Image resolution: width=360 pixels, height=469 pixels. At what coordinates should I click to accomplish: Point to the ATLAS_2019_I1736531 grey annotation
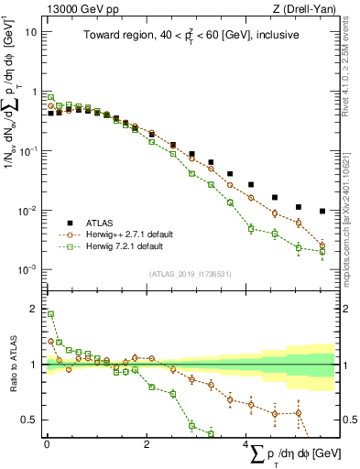(190, 274)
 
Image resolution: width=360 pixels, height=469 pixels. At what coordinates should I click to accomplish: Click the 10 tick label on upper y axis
(29, 32)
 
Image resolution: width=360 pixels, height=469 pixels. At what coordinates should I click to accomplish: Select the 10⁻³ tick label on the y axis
(26, 270)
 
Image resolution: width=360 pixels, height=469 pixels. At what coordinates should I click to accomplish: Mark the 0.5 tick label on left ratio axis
(27, 420)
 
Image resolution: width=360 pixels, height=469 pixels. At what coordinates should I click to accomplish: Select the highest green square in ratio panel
(50, 314)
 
